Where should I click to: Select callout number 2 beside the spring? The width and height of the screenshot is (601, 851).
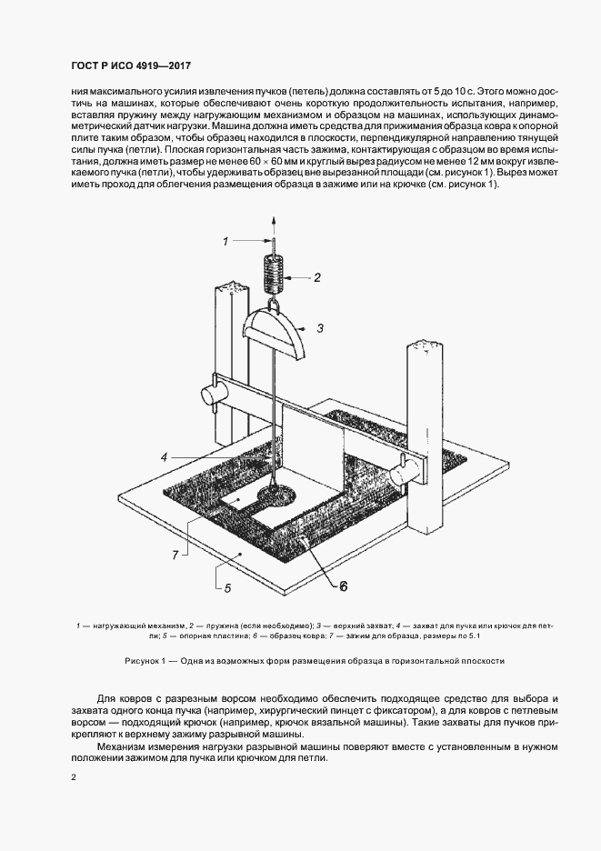(x=316, y=277)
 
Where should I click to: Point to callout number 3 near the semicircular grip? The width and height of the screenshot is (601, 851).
(x=320, y=326)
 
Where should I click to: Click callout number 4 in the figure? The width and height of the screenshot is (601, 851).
(x=165, y=456)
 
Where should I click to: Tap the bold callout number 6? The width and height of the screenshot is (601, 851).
(x=344, y=586)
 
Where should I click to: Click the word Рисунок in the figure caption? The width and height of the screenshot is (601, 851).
(x=145, y=661)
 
